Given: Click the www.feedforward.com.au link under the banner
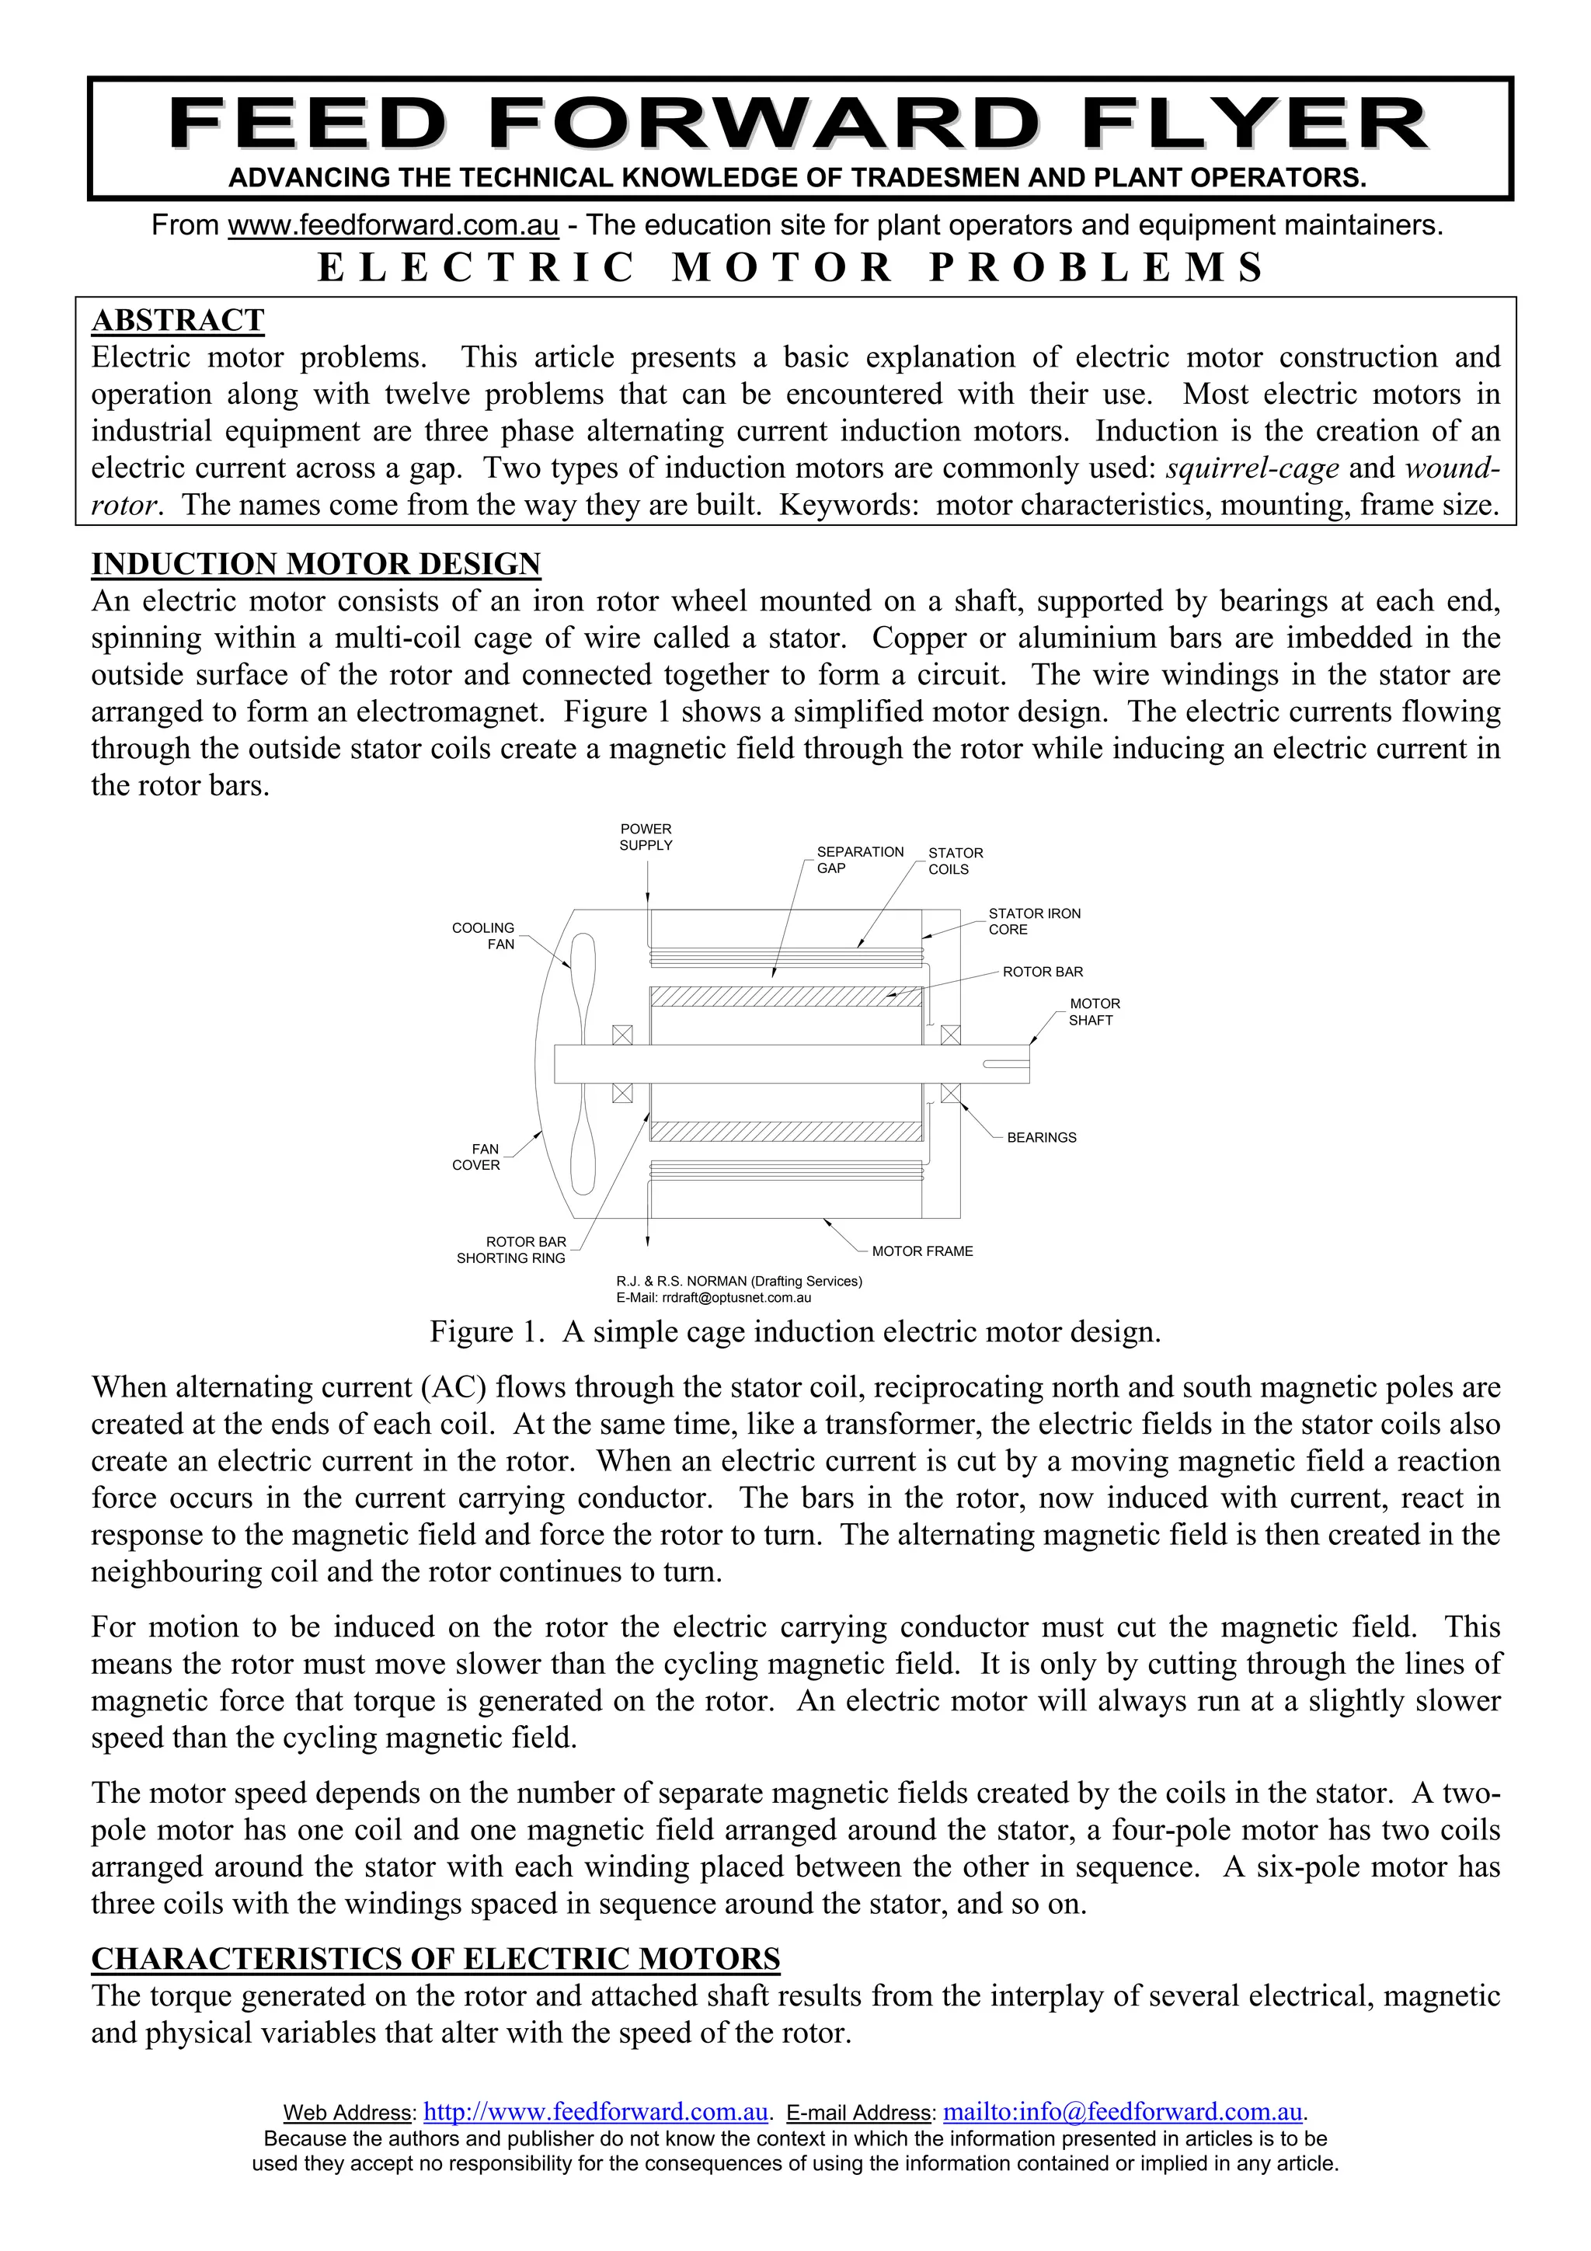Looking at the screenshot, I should click(393, 225).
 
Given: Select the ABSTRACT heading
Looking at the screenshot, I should click(177, 321).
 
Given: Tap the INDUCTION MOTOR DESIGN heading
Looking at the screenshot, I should click(315, 564).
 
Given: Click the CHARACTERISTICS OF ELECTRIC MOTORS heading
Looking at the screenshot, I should click(435, 1958).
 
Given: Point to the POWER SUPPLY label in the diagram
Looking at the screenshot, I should click(646, 837).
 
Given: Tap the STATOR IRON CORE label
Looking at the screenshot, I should click(1033, 921).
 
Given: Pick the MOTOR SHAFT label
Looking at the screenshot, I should click(1093, 1012).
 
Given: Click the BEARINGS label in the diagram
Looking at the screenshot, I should click(1041, 1137).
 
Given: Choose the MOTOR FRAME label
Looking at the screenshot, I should click(921, 1251).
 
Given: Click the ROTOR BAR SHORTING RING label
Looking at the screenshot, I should click(512, 1250).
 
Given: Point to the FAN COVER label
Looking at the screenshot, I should click(478, 1157).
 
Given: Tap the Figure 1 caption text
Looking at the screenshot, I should click(795, 1331).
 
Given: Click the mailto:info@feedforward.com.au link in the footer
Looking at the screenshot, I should click(1123, 2111).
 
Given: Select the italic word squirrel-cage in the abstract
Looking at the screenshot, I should click(1252, 468).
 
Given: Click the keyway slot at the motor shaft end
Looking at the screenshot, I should click(1004, 1063).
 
